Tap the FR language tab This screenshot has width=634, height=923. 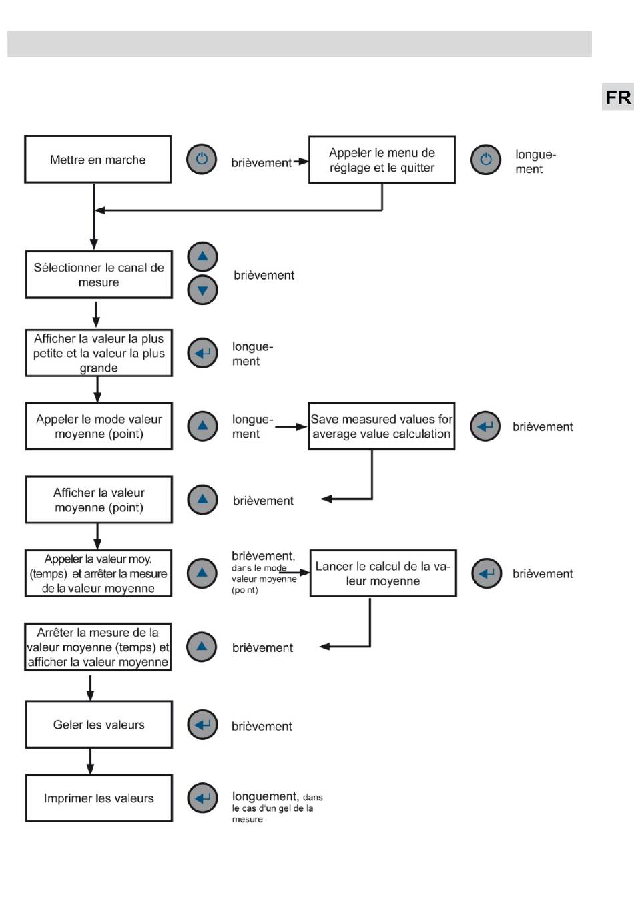pos(617,97)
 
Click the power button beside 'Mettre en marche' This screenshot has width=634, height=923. pos(202,159)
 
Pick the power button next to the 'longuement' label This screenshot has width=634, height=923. pos(486,160)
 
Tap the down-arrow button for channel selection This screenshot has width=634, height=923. pos(202,290)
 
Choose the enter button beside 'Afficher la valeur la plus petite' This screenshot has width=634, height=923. pos(202,353)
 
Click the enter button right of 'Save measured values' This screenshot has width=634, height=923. pos(485,426)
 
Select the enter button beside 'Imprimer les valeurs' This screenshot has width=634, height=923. pos(202,798)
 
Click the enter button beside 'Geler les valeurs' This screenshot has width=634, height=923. pos(202,724)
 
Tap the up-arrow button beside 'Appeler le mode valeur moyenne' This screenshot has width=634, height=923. pos(202,426)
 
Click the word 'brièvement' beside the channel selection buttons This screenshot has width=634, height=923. pos(264,275)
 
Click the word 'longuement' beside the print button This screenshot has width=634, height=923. pos(265,796)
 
